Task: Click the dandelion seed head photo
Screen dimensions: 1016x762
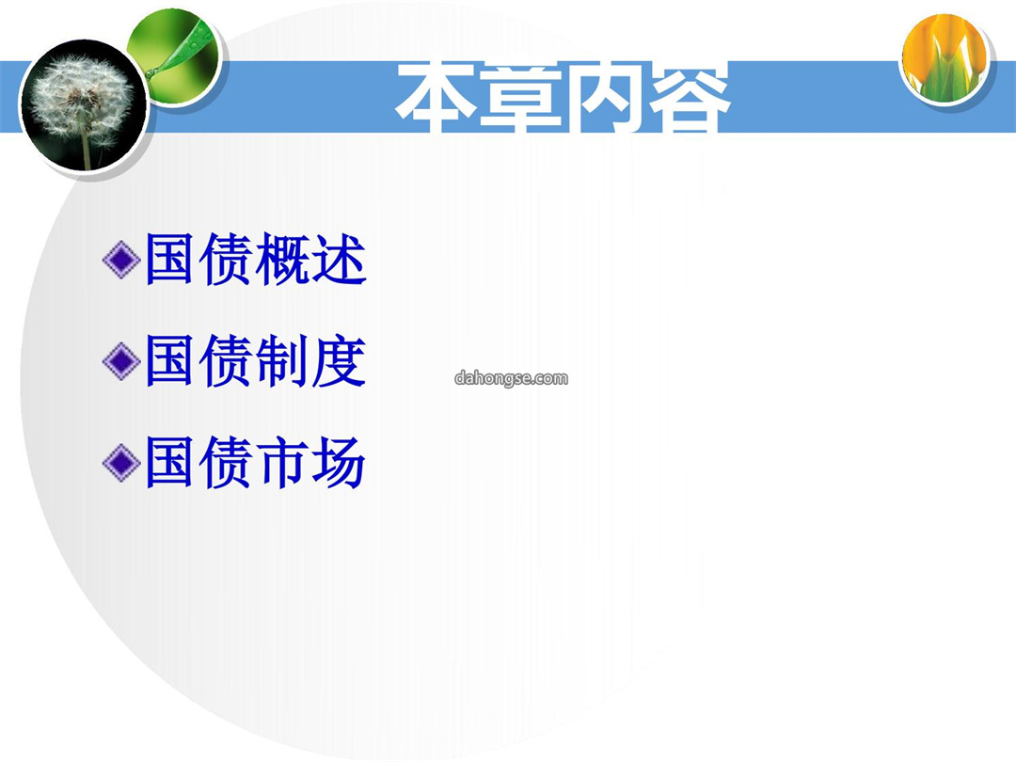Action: [x=83, y=105]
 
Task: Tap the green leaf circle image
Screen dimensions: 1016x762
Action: [x=175, y=57]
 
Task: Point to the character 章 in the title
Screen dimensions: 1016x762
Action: [x=520, y=97]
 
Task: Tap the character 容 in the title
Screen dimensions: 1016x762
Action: [x=689, y=97]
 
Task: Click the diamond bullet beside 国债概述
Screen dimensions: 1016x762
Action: [x=121, y=260]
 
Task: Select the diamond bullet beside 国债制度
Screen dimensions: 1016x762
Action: [x=121, y=361]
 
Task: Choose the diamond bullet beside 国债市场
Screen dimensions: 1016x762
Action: [x=121, y=462]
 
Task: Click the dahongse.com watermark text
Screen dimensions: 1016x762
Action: [x=511, y=378]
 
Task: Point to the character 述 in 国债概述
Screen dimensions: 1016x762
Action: [x=339, y=260]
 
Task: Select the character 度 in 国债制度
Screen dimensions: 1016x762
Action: [x=339, y=361]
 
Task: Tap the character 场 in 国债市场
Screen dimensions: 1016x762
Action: [x=339, y=462]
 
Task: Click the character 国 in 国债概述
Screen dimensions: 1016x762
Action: [x=169, y=260]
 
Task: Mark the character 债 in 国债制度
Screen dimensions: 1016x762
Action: [x=226, y=361]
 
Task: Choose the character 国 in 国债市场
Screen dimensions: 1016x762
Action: [x=169, y=462]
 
